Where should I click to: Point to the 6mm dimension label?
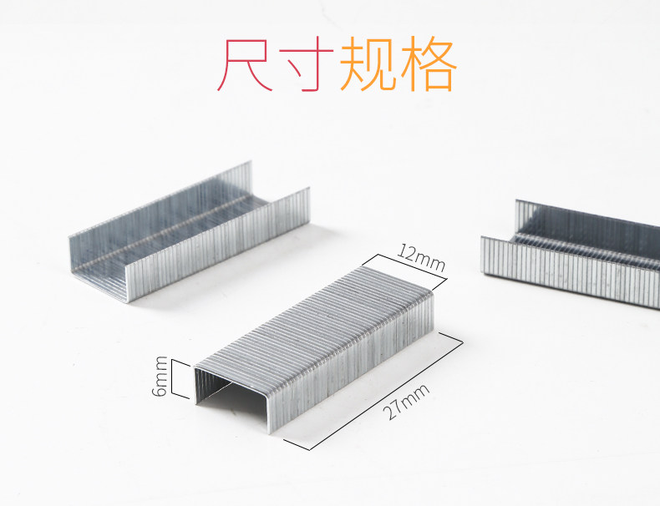(x=161, y=377)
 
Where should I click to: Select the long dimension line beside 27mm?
(x=375, y=392)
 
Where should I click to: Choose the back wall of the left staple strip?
(x=159, y=200)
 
